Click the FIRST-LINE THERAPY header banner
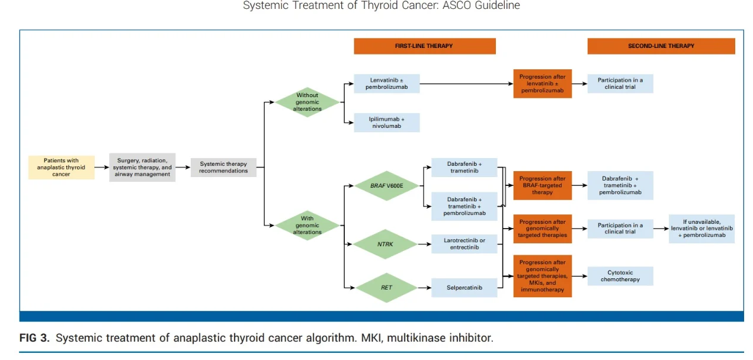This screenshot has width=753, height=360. pos(424,46)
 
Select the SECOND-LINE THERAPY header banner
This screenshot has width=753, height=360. pos(661,46)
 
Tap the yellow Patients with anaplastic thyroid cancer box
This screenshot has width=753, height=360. pos(61,168)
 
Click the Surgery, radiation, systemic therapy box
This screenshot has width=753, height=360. pos(142,168)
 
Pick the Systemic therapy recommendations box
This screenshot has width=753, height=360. pos(223,168)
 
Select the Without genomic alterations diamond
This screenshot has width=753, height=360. pos(307,102)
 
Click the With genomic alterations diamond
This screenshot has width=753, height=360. pos(307,226)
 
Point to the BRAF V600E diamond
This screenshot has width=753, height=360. pos(386,186)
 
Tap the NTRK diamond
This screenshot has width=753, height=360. pos(386,244)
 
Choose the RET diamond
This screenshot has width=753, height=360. pos(386,288)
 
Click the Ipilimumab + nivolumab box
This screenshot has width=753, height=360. pos(386,123)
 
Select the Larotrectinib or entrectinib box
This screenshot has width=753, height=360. pos(464,244)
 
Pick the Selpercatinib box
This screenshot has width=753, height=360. pos(464,288)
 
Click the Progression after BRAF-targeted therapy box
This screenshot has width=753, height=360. pos(542,185)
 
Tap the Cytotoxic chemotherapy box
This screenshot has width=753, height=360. pos(620,276)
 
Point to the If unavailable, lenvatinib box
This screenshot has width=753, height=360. pos(701,229)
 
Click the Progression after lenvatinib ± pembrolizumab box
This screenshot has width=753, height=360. pos(542,83)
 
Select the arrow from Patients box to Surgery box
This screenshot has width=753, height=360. pos(101,168)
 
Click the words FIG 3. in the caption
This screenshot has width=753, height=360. pos(35,338)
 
